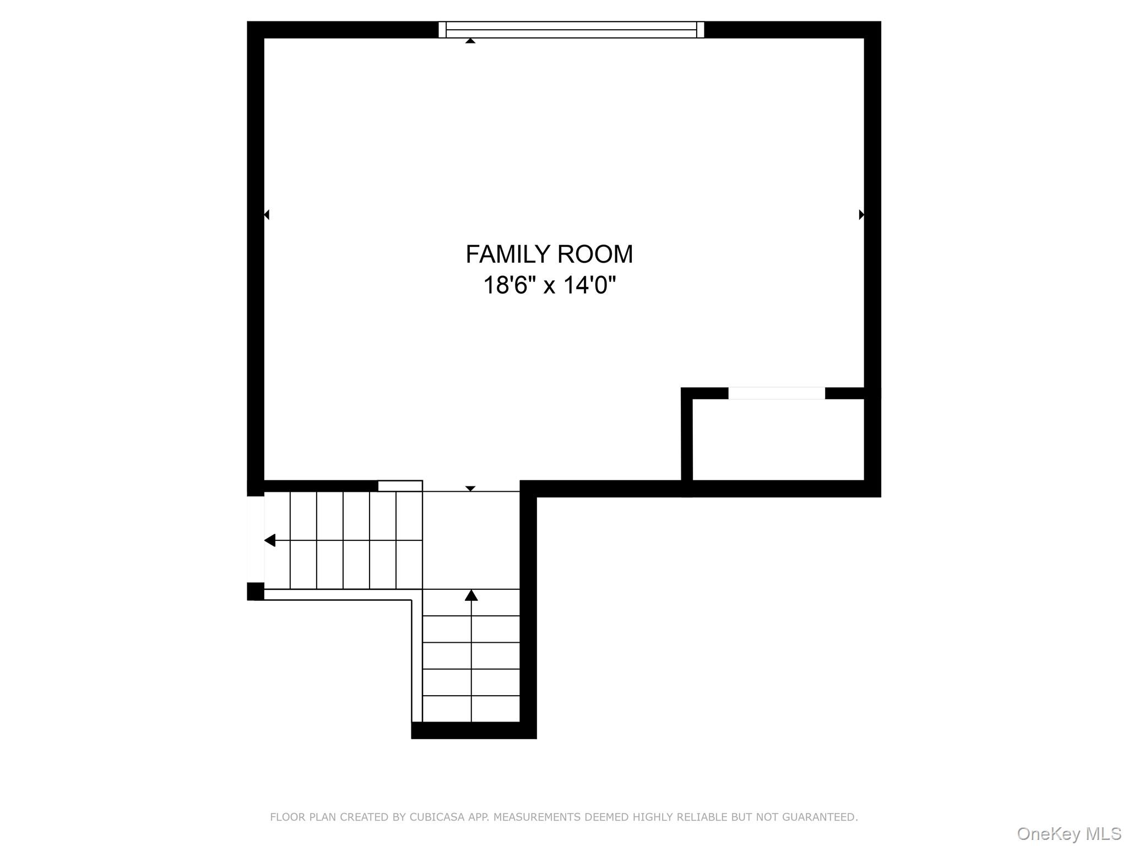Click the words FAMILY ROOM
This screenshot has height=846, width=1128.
pos(549,254)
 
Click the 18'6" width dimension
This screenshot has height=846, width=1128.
pos(509,285)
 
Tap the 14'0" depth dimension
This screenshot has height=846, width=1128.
pos(589,285)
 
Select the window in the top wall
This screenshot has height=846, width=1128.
pos(571,30)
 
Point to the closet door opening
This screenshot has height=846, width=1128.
pos(777,393)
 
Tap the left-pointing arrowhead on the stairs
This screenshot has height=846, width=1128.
pos(270,540)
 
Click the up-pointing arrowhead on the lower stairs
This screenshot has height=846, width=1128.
pos(471,595)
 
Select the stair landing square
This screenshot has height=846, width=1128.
pos(471,540)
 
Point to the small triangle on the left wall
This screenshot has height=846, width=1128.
pos(267,214)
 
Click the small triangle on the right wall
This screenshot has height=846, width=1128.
pos(861,214)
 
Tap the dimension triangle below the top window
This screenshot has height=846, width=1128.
pos(470,41)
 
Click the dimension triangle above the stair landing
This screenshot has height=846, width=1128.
pos(470,489)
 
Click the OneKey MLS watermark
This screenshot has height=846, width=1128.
pos(1069,834)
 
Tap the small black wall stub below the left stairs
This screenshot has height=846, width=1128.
pos(256,591)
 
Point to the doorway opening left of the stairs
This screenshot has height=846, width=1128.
pos(256,539)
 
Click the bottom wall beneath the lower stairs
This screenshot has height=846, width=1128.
pos(474,730)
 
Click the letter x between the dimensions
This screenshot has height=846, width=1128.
pos(549,286)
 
